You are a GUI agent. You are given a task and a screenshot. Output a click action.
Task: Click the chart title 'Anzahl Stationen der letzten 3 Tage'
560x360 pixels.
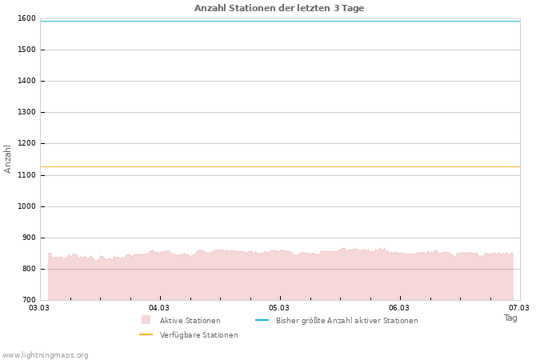(x=279, y=8)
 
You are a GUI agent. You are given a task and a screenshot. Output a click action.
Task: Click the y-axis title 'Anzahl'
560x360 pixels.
(x=8, y=158)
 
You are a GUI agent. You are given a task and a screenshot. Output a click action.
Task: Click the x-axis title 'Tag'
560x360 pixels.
(x=510, y=318)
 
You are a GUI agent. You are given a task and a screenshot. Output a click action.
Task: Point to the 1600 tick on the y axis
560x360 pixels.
(x=26, y=18)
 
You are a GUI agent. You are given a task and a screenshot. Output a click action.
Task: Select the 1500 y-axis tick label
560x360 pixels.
(x=26, y=50)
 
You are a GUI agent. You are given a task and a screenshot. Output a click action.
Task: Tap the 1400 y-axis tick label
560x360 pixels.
(x=26, y=81)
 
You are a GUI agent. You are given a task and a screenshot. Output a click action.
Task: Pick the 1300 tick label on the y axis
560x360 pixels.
(x=26, y=112)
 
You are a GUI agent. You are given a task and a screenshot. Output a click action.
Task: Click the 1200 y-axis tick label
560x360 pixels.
(x=26, y=143)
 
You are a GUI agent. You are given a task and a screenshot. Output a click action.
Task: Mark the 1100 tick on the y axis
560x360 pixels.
(x=26, y=175)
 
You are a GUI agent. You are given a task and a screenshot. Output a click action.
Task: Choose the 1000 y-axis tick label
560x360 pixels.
(x=26, y=206)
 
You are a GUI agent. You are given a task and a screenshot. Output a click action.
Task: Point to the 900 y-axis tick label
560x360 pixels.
(x=29, y=238)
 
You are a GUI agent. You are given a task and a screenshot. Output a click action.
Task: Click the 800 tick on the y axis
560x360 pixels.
(x=29, y=269)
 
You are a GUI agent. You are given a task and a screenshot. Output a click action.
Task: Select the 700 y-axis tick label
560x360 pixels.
(x=29, y=300)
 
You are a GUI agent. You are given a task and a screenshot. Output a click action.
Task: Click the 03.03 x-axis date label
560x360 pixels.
(x=39, y=307)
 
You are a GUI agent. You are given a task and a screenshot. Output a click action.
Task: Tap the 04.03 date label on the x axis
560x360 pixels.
(x=159, y=307)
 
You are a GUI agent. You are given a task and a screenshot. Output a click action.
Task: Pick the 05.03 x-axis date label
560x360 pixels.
(x=279, y=307)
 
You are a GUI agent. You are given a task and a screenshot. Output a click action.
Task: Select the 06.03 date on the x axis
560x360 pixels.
(x=399, y=307)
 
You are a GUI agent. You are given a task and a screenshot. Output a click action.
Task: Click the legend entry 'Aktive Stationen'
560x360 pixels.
(x=190, y=321)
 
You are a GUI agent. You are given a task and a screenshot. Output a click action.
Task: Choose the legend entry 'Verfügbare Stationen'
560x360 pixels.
(x=198, y=335)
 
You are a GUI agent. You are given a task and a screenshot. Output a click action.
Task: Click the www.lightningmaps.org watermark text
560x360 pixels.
(x=46, y=355)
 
